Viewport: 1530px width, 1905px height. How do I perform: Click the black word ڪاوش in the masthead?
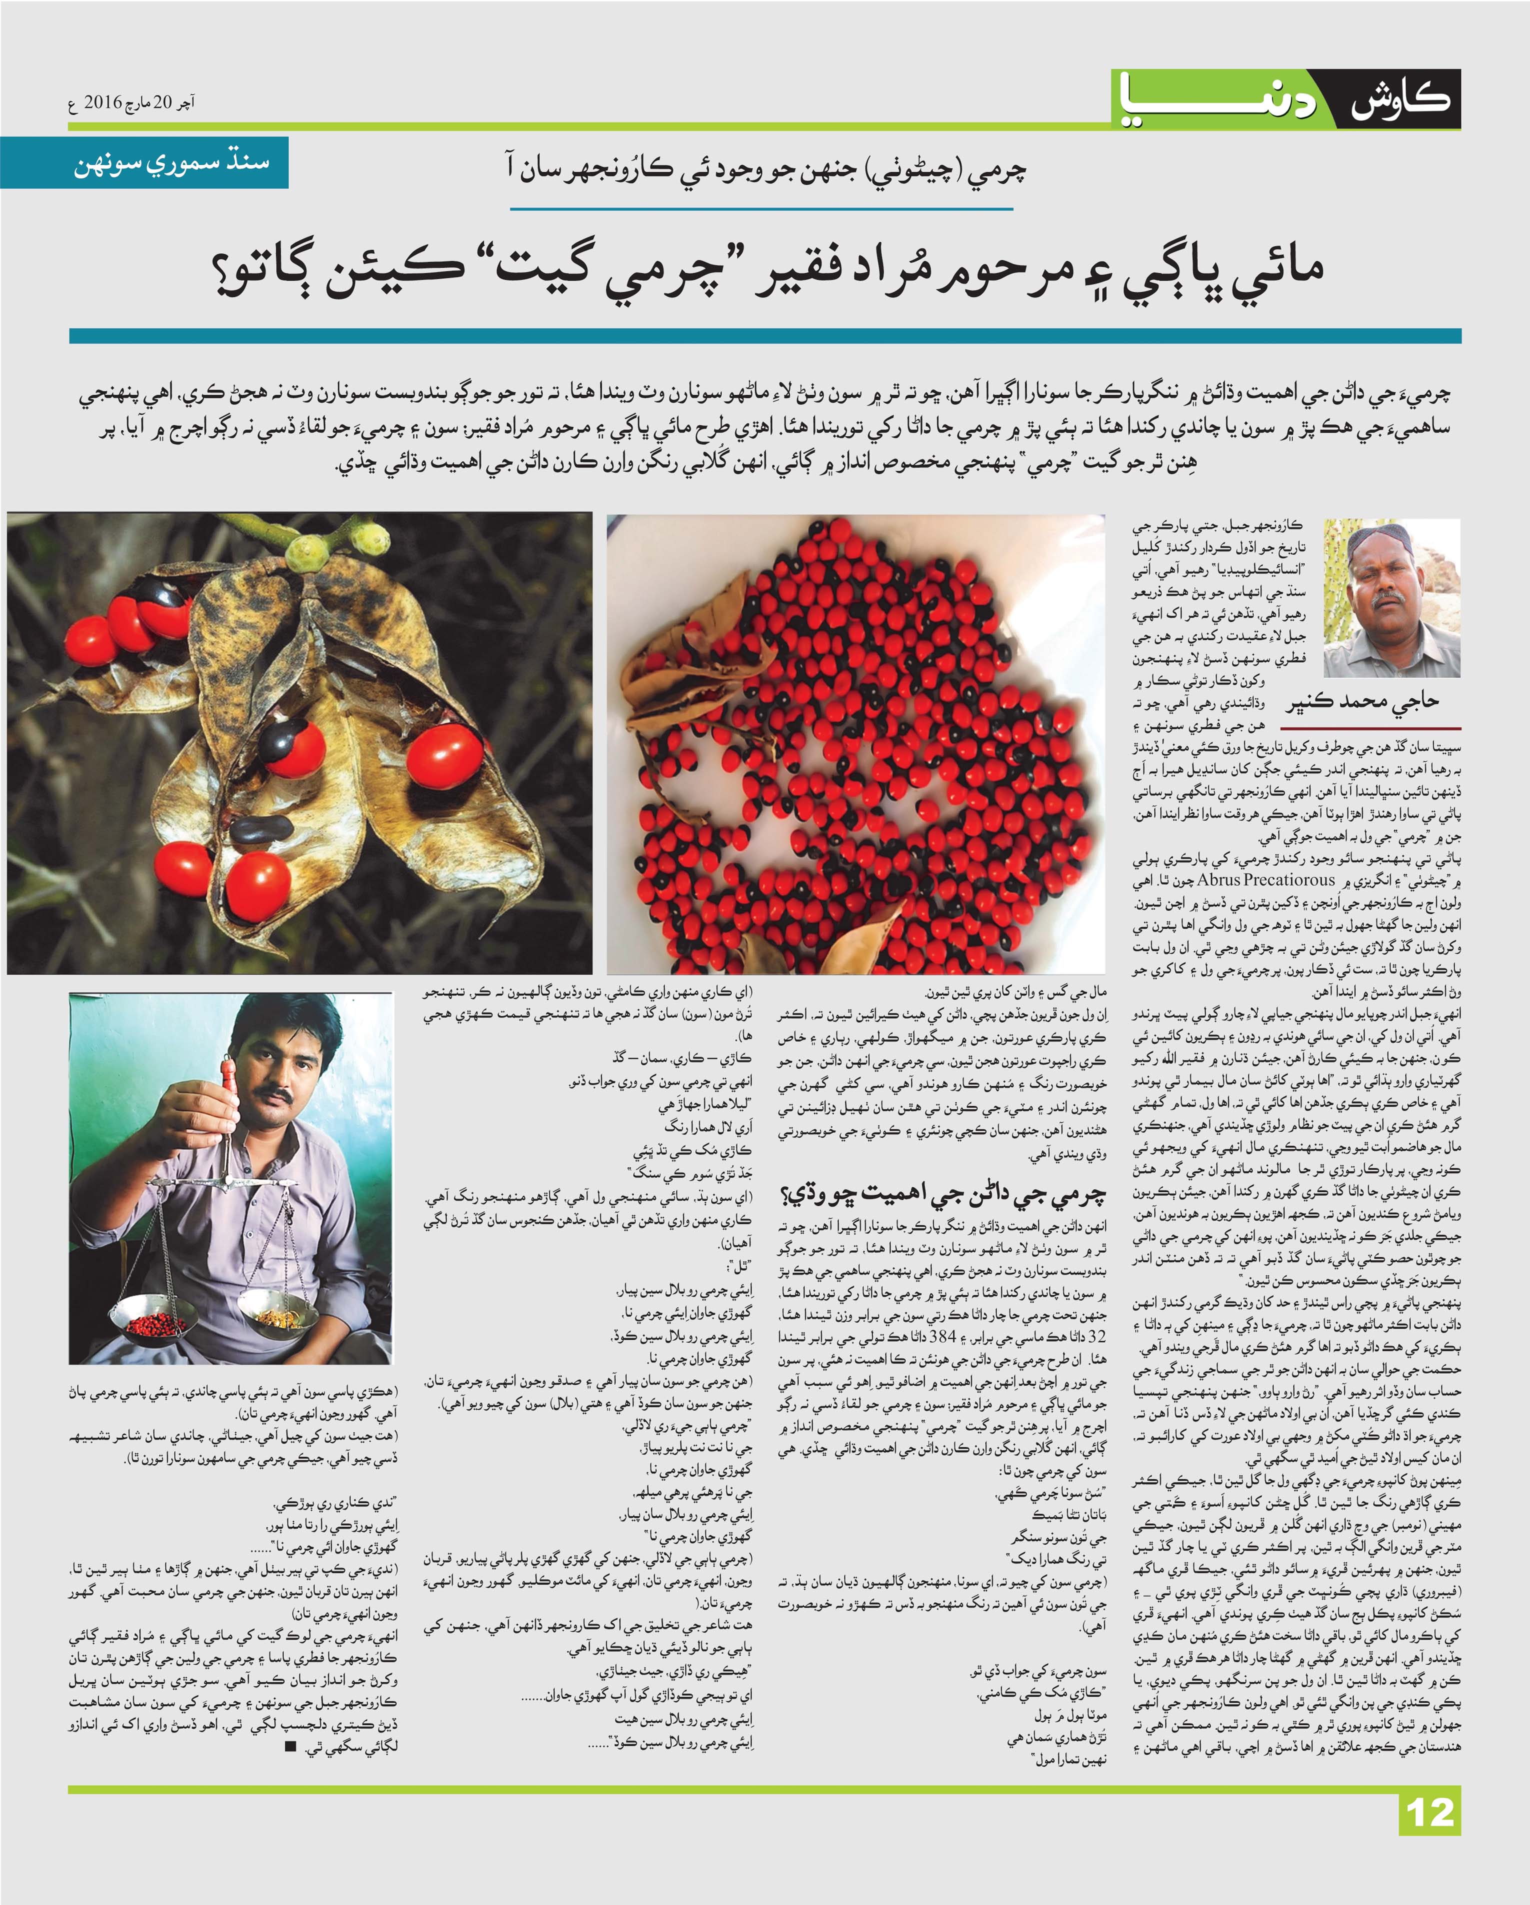1400,99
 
